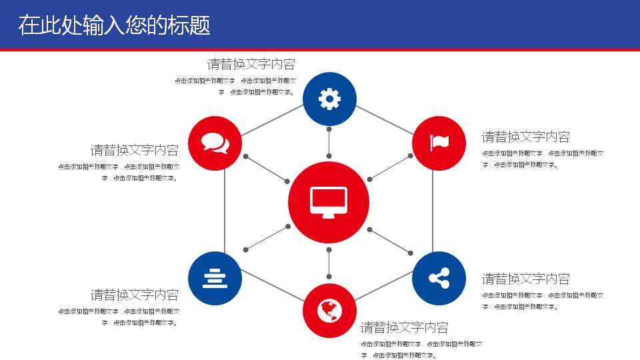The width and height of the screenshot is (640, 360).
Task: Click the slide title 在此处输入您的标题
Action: click(114, 25)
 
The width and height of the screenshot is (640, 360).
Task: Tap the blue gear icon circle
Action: click(329, 99)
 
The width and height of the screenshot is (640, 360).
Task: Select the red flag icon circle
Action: click(439, 143)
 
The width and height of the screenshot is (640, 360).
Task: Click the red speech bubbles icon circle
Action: click(215, 143)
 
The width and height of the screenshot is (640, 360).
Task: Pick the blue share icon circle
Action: click(439, 279)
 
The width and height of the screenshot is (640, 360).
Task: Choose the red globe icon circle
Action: click(329, 311)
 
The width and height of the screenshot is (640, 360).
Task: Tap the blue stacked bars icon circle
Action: click(215, 279)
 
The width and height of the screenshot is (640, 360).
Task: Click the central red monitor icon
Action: click(329, 202)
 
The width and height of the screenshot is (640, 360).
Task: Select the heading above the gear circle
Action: click(251, 65)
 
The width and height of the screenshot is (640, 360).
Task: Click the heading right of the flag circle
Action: click(525, 137)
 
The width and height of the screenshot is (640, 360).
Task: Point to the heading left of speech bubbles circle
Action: click(135, 150)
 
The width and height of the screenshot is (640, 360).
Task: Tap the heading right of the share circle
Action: click(525, 279)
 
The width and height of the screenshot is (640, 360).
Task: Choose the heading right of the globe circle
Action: click(404, 327)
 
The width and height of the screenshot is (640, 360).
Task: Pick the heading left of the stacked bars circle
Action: click(135, 295)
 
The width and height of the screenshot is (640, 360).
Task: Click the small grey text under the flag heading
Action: click(543, 159)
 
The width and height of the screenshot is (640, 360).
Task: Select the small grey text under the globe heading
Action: click(421, 349)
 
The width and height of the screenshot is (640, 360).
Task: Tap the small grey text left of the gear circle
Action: click(235, 86)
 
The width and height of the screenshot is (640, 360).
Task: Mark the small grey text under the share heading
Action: click(543, 301)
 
